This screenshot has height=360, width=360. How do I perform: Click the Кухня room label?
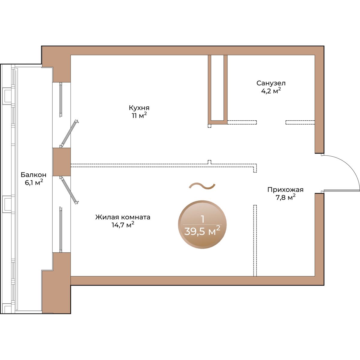coord(139,108)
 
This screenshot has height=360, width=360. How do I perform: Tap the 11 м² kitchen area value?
coord(139,115)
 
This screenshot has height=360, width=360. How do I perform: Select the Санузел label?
coord(271,83)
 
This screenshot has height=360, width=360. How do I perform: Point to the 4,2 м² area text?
coord(271,91)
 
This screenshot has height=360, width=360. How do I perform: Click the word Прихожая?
coord(285,190)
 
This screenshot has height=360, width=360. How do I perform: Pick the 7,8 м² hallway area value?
coord(286,197)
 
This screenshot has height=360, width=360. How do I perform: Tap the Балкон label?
coord(33,175)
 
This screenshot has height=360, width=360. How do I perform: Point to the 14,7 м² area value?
coord(123,225)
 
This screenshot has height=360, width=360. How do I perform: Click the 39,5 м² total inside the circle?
coord(202,232)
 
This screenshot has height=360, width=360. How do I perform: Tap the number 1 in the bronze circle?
coord(202,219)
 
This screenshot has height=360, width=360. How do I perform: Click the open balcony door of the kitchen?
coord(69,133)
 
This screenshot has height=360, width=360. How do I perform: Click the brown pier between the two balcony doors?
coord(62,162)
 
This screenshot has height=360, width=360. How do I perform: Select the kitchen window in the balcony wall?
coord(61,100)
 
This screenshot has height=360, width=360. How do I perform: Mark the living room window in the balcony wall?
coord(61,229)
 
